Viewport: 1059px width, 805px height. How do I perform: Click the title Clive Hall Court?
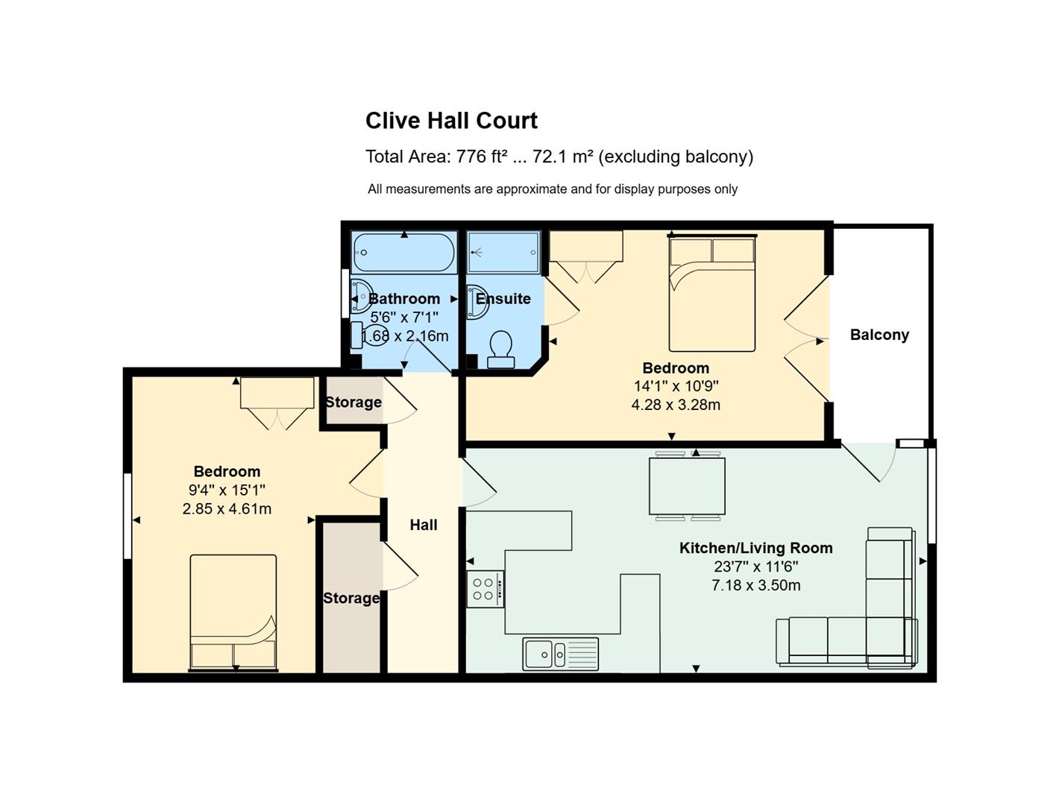tap(450, 121)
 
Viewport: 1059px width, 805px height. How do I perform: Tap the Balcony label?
tap(879, 335)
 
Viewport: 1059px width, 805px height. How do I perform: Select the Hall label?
tap(423, 525)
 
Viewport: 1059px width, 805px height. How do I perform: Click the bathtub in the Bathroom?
tap(403, 253)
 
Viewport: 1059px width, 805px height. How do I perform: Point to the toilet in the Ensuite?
tap(501, 350)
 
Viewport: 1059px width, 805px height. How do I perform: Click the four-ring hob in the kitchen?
tap(485, 589)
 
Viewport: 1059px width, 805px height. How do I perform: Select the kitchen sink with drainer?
tap(560, 654)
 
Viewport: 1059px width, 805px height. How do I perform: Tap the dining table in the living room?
tap(687, 486)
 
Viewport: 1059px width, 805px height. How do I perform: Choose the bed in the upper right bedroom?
tap(711, 293)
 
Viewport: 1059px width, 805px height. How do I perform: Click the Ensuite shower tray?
tap(503, 253)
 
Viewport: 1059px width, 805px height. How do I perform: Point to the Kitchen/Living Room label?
tap(755, 548)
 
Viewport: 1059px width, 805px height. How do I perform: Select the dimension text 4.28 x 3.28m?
tap(676, 405)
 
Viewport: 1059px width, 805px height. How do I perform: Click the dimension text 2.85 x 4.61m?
tap(227, 508)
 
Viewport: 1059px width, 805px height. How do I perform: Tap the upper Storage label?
tap(353, 402)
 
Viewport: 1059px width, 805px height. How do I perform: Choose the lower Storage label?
tap(351, 599)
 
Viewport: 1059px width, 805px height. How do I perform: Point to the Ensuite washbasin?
tap(477, 302)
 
